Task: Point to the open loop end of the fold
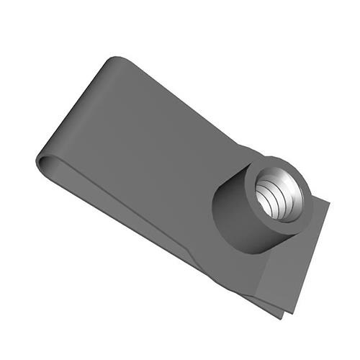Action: pos(45,163)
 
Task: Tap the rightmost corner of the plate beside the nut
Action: pos(328,202)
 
